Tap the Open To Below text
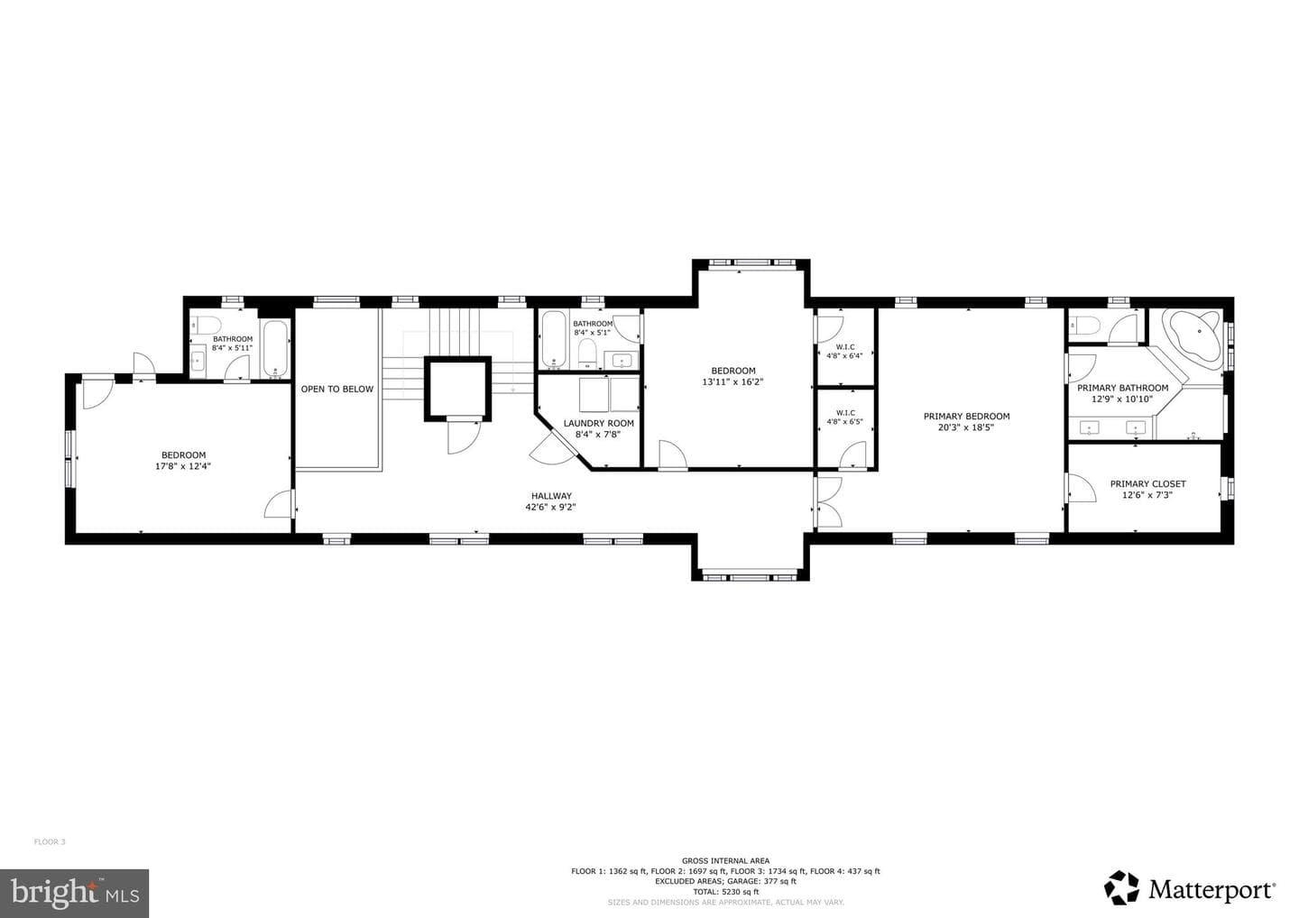[337, 390]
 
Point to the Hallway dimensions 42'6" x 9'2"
[550, 507]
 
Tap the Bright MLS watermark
[75, 893]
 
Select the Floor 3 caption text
[50, 842]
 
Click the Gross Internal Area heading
[725, 861]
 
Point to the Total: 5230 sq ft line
[725, 892]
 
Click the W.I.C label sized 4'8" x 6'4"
[844, 352]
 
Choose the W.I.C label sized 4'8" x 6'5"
[844, 418]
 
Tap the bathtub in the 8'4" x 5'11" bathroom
[275, 348]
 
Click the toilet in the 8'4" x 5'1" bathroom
[587, 353]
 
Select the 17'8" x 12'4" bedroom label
[183, 461]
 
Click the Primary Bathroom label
[1123, 393]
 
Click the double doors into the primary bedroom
[827, 502]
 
